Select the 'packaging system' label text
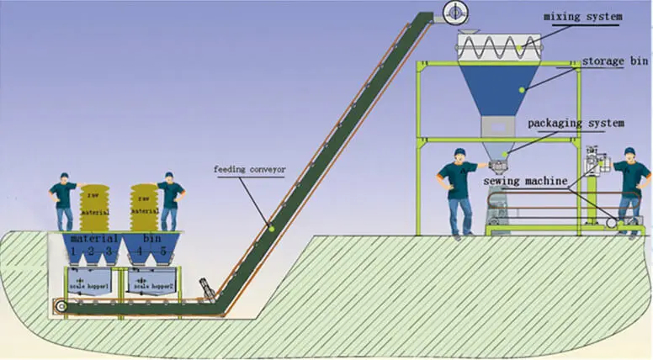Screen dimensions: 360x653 coord(576,123)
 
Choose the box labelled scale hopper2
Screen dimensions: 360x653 coord(150,283)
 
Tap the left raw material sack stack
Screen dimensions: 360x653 coord(95,207)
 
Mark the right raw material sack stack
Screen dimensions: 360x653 coord(144,207)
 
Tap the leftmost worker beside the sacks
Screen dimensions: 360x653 coord(63,201)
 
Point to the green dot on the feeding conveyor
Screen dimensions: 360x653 coord(271,225)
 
